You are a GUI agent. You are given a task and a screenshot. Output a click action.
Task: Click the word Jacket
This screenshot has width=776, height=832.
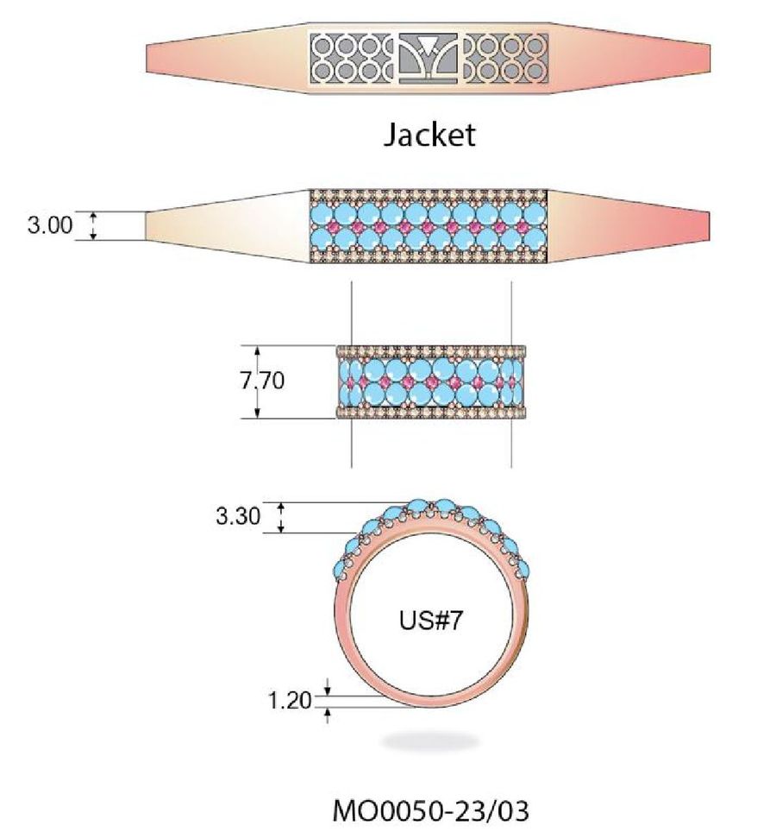tap(429, 135)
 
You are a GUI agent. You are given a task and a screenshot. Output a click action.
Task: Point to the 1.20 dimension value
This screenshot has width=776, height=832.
tap(289, 700)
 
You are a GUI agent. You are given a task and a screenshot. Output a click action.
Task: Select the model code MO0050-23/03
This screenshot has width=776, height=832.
tap(430, 811)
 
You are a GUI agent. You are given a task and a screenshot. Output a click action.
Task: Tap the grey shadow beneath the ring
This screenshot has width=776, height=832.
tap(429, 741)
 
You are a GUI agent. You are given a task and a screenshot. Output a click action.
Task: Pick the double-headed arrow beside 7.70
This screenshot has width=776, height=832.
tap(257, 381)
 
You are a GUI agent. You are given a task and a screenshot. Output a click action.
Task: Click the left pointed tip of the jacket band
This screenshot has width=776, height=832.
tap(147, 59)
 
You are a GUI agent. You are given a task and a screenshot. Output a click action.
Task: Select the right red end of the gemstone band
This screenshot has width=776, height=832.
tap(673, 225)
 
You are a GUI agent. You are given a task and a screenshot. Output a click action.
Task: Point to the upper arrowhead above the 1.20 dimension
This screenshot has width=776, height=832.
tap(328, 688)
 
